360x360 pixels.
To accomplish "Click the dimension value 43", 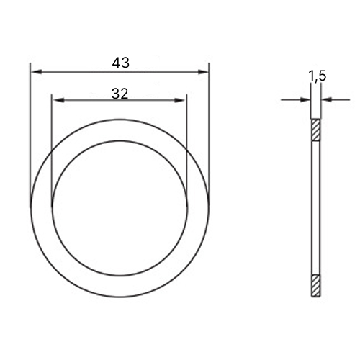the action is pyautogui.click(x=121, y=63).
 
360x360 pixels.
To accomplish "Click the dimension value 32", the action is pyautogui.click(x=120, y=94).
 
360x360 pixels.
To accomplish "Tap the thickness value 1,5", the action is pyautogui.click(x=318, y=76).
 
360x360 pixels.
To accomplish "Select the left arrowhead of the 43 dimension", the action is pyautogui.click(x=37, y=72).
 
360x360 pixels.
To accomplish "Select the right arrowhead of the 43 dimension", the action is pyautogui.click(x=202, y=72).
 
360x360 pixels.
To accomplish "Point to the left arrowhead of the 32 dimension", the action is pyautogui.click(x=59, y=100).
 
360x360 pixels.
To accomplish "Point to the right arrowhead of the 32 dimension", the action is pyautogui.click(x=179, y=100).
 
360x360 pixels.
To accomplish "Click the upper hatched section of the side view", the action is pyautogui.click(x=316, y=130).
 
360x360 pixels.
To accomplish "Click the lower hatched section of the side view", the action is pyautogui.click(x=316, y=286).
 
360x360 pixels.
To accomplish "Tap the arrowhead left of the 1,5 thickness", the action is pyautogui.click(x=305, y=99).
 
